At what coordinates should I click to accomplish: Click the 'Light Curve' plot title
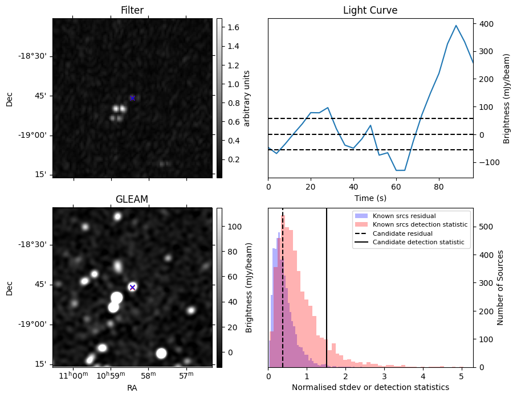click(x=370, y=10)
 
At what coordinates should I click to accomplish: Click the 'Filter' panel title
click(x=132, y=10)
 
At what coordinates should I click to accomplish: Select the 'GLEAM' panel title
click(x=132, y=199)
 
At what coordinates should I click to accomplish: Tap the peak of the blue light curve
click(x=456, y=26)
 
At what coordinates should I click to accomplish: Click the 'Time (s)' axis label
click(x=370, y=197)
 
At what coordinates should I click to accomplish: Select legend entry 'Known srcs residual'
click(x=404, y=216)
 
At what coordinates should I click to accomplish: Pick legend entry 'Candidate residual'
click(x=402, y=233)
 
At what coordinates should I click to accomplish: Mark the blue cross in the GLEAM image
click(x=132, y=287)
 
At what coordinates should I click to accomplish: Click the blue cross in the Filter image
click(x=132, y=98)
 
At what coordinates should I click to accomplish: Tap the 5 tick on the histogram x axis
click(x=461, y=376)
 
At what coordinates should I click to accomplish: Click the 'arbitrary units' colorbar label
click(x=247, y=98)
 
